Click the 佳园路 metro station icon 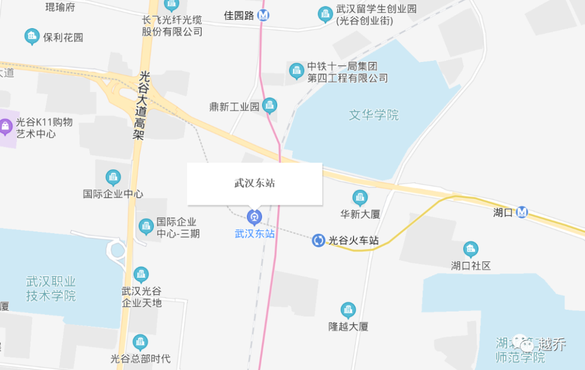[265, 15]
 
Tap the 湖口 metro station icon [522, 212]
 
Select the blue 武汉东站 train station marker [254, 217]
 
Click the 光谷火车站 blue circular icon [318, 240]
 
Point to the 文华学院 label [374, 115]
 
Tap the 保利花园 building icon [32, 37]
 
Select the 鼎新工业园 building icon [269, 106]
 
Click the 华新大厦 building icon [360, 198]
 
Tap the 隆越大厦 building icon [348, 310]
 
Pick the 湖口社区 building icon [470, 250]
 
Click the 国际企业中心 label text [113, 193]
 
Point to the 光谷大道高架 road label [139, 106]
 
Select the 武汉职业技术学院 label [51, 288]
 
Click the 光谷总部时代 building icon [140, 342]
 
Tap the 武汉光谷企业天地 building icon [141, 274]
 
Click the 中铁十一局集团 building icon [297, 71]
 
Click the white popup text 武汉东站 [254, 183]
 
